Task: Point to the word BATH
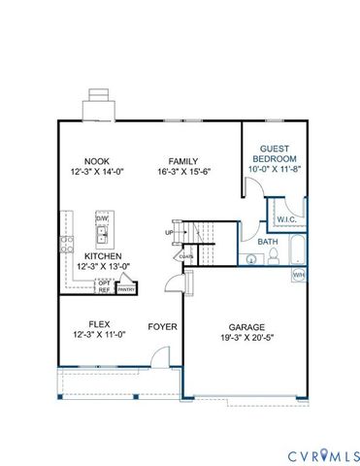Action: tap(267, 242)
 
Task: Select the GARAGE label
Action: tap(247, 327)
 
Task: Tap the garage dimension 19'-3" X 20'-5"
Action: tap(247, 338)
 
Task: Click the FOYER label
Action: tap(162, 327)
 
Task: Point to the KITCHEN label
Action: tap(102, 256)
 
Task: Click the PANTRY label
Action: tap(125, 288)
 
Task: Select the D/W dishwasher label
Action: tap(102, 218)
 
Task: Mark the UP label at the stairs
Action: tap(169, 233)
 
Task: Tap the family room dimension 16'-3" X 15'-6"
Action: tap(183, 171)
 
